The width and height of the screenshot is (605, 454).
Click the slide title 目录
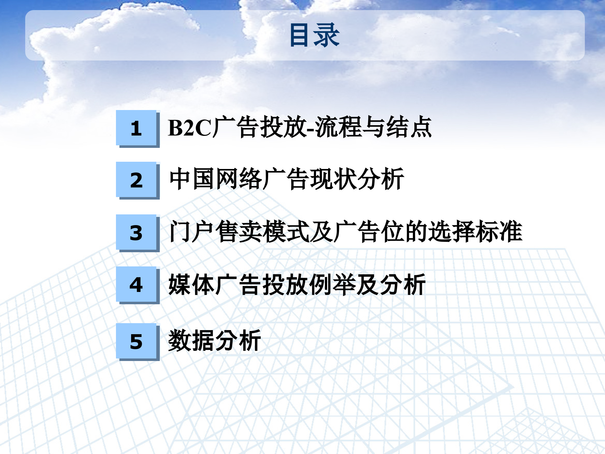[314, 35]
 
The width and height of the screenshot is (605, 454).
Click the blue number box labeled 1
[136, 128]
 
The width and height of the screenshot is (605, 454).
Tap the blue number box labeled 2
[136, 180]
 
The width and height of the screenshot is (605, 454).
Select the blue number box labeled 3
[136, 232]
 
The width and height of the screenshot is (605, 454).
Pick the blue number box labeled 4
[136, 284]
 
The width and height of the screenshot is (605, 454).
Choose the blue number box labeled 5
[136, 341]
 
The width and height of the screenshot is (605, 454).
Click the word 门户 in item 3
[192, 232]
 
